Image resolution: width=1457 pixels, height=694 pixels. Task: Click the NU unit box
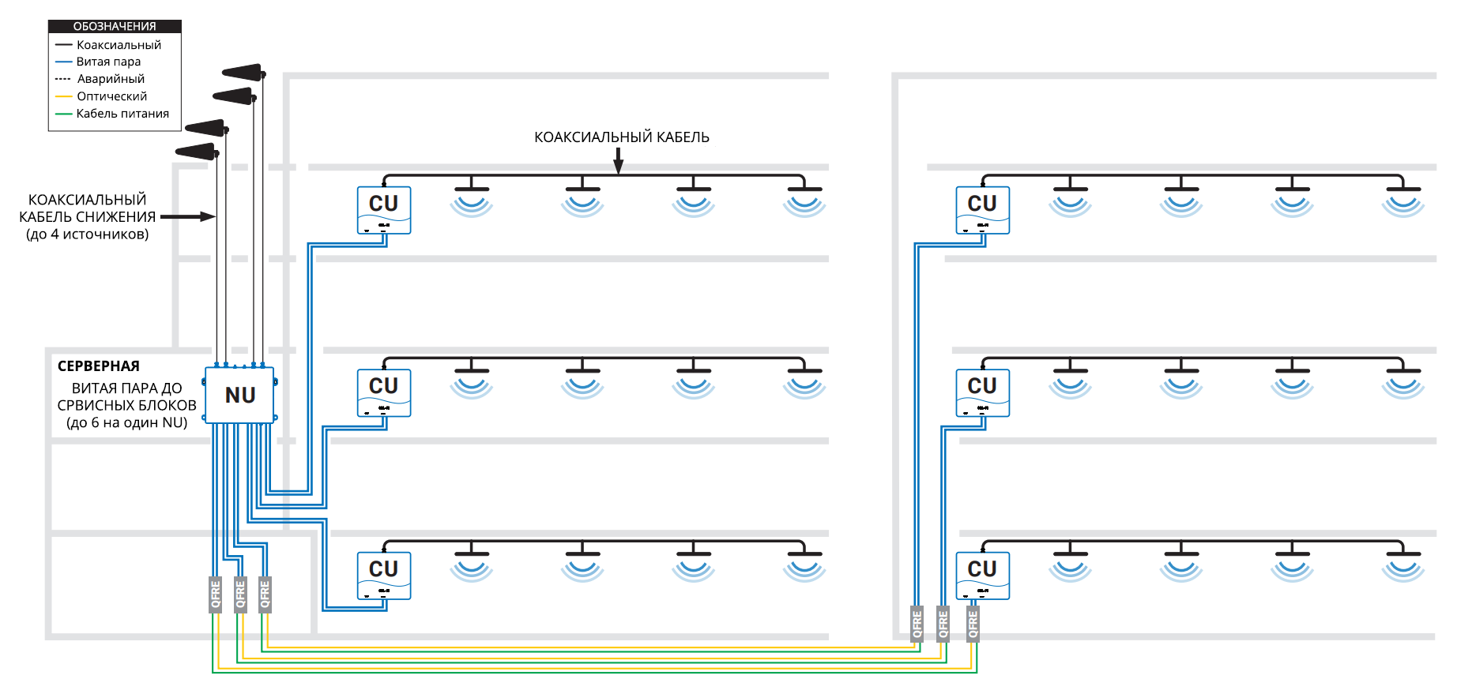coord(239,395)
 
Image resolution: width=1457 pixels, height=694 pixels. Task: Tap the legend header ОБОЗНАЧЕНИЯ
coord(115,27)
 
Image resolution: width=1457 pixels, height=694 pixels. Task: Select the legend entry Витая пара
coord(108,62)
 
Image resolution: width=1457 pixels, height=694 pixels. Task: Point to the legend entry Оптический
coord(111,96)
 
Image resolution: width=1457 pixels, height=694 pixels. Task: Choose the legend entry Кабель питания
coord(122,114)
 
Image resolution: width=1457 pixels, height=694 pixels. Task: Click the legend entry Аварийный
coord(111,79)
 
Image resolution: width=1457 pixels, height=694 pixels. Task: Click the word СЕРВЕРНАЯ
coord(99,366)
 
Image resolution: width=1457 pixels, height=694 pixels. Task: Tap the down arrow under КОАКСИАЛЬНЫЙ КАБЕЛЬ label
coord(619,161)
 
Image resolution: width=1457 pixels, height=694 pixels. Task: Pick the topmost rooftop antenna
coord(243,73)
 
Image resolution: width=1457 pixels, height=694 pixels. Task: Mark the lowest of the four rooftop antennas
coord(196,151)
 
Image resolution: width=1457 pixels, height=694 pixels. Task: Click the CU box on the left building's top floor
coord(384,209)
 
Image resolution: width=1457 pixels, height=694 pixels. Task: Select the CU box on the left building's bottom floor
coord(384,575)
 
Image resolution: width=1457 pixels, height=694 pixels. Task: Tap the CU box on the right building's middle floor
coord(982,392)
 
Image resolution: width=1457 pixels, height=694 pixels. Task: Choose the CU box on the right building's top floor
coord(982,209)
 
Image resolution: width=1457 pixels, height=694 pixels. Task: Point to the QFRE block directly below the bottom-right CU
coord(973,624)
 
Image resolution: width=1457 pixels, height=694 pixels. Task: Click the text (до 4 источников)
coord(87,234)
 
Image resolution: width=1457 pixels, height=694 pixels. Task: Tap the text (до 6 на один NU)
coord(126,423)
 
